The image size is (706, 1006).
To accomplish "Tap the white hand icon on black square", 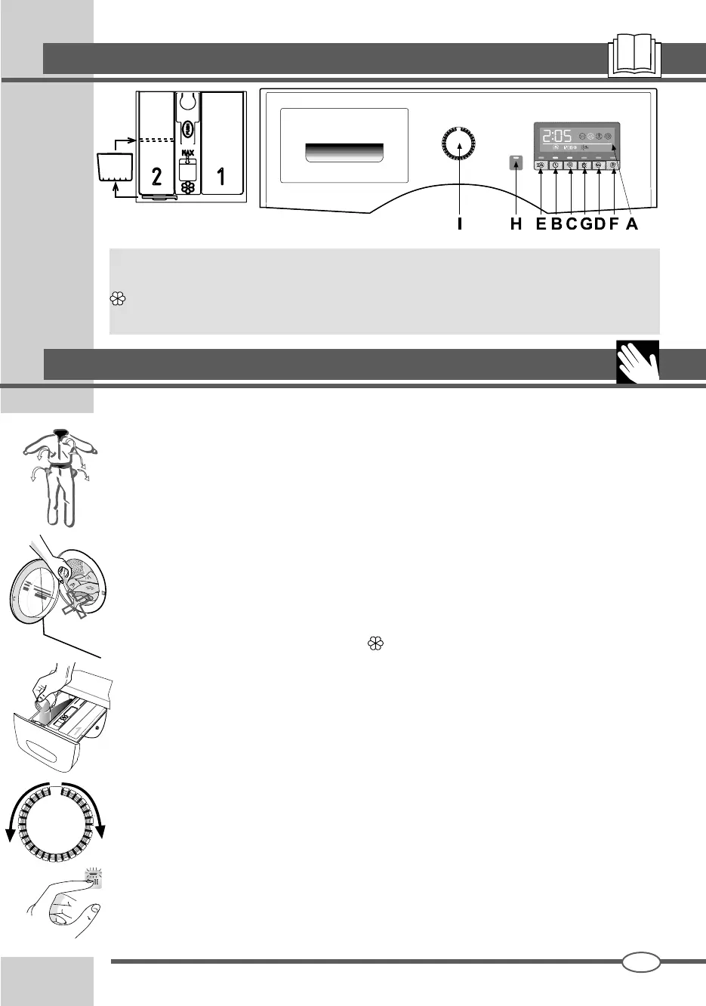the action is coord(638,362).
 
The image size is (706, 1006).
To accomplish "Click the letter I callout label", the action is coord(459,224).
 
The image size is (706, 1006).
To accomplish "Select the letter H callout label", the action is coord(516,224).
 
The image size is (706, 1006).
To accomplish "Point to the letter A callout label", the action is coord(632,224).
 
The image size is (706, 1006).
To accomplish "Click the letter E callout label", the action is coord(541,224).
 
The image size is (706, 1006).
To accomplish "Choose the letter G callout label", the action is coord(585,224).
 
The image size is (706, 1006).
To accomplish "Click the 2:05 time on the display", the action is coord(556,136).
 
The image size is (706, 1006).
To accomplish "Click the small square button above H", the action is coord(516,162).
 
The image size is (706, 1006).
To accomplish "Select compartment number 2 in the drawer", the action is coord(156,176).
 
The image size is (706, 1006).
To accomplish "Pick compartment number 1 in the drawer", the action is coord(220,176).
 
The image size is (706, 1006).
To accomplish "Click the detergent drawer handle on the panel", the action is coord(344,152).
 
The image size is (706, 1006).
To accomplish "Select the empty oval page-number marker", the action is coord(641,961).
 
